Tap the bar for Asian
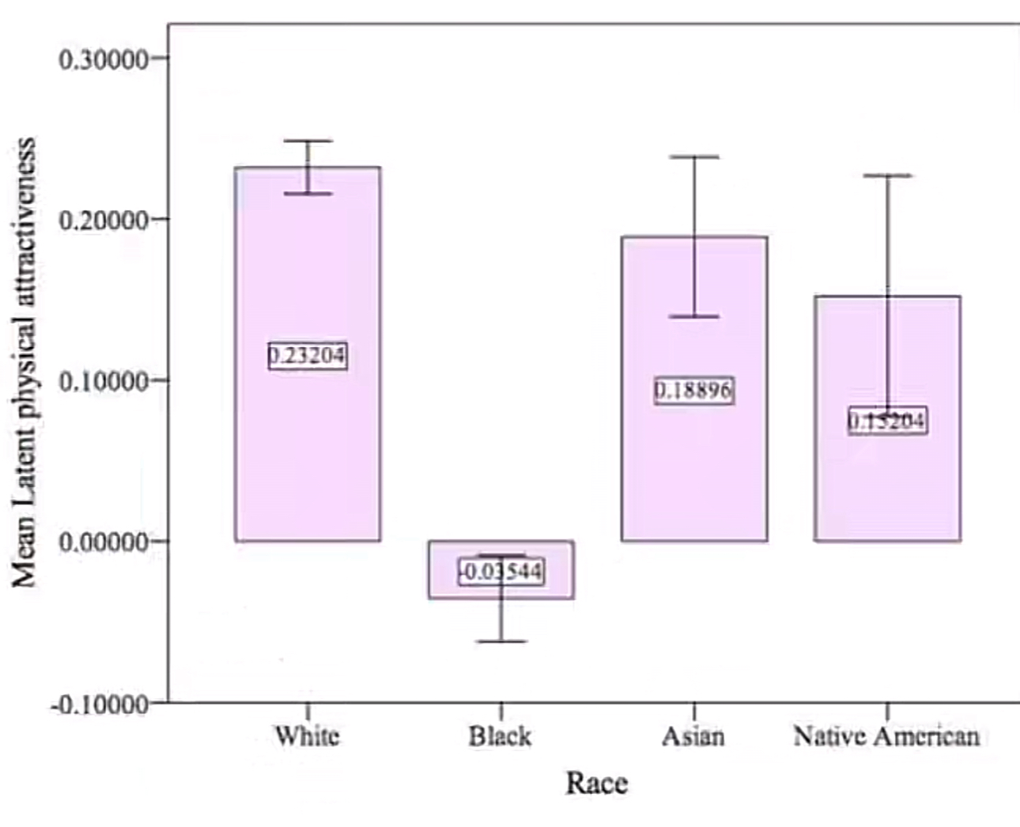(x=693, y=474)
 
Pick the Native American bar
(x=887, y=490)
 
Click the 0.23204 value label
(x=307, y=356)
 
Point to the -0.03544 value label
(x=501, y=571)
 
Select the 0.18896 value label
(x=693, y=390)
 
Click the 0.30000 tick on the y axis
(x=104, y=59)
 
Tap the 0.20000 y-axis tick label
(x=104, y=221)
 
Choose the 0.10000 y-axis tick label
(x=104, y=381)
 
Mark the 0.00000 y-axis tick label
(x=104, y=542)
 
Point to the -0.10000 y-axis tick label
(x=100, y=704)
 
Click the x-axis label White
(x=307, y=736)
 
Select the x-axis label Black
(x=500, y=736)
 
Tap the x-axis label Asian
(x=693, y=736)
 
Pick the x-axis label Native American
(x=886, y=736)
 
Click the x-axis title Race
(x=596, y=783)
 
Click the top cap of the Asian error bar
(x=694, y=157)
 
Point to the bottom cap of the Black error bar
(x=501, y=641)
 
